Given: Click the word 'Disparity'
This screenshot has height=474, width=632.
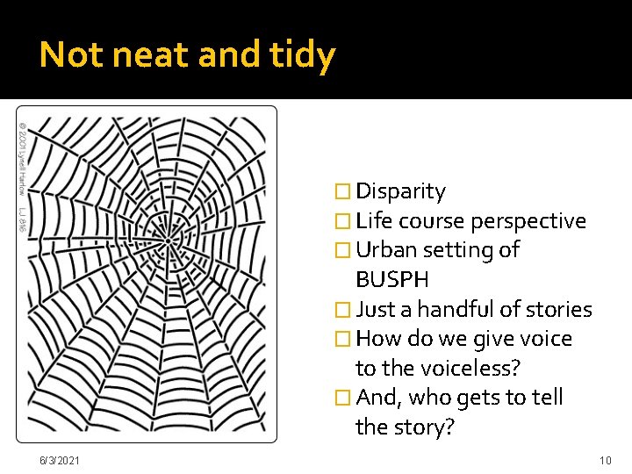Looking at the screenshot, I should pos(400,191).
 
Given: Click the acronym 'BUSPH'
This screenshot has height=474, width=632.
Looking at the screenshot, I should pos(392,280).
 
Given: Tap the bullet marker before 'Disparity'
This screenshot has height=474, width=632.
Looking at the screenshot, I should pos(343,192).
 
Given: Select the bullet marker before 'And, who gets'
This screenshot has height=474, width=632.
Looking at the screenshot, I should pos(343,399).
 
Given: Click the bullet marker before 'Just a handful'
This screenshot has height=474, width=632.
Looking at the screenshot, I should pos(343,310).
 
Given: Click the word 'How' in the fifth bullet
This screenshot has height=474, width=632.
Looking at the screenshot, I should pos(378,339).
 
